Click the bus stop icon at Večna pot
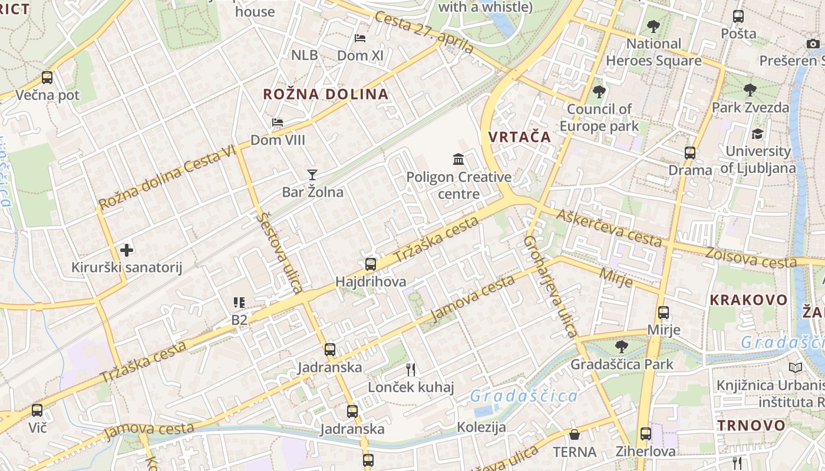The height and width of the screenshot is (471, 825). (x=47, y=77)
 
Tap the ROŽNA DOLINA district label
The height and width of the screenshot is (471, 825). (x=325, y=94)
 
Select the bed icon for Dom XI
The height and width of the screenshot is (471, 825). (x=360, y=38)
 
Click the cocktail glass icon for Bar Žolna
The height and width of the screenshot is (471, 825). (x=312, y=174)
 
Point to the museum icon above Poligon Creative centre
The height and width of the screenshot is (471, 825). (x=458, y=159)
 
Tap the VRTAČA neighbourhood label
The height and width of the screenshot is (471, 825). (x=519, y=137)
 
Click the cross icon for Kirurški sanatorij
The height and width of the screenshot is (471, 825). (x=127, y=250)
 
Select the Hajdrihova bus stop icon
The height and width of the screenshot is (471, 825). (x=371, y=264)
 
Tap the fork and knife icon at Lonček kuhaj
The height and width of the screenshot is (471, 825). (x=411, y=370)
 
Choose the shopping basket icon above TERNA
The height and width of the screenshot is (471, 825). (x=575, y=434)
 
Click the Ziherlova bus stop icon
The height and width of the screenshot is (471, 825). (x=646, y=434)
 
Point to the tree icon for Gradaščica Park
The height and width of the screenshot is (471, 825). (x=621, y=347)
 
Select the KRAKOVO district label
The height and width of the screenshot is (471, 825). (x=748, y=300)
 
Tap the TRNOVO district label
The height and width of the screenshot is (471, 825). (x=751, y=426)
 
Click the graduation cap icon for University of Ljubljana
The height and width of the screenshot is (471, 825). (x=757, y=134)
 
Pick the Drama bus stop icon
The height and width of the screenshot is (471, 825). (x=690, y=153)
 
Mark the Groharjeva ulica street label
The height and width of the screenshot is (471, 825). (x=550, y=287)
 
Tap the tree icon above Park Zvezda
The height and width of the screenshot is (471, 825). (x=750, y=90)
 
